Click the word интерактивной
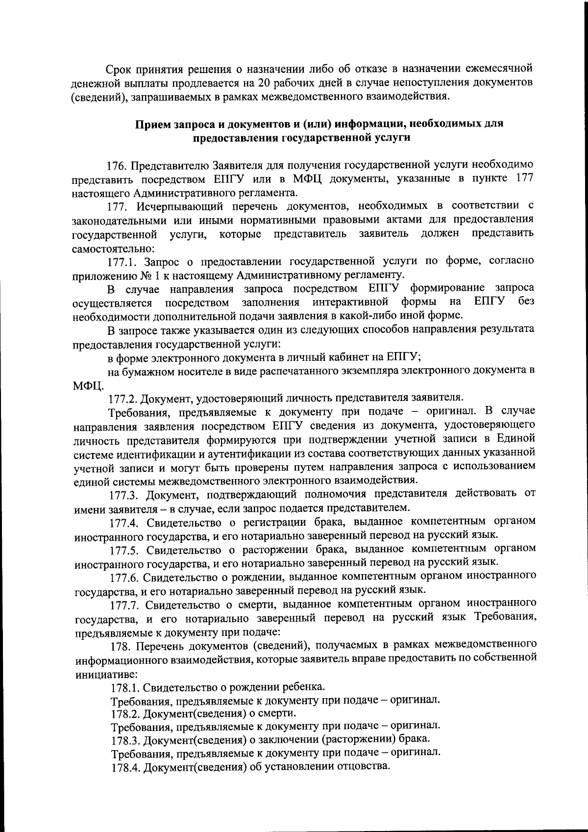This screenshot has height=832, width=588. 350,301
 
